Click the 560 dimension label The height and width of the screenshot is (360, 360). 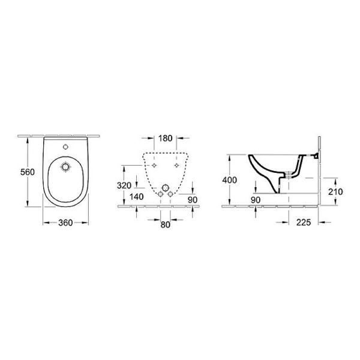point(28,172)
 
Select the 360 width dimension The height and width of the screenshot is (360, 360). point(65,223)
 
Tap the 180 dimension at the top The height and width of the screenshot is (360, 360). point(166,138)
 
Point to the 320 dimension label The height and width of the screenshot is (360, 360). point(124,185)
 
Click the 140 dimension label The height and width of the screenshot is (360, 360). point(137,197)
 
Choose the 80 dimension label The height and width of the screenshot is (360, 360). point(166,225)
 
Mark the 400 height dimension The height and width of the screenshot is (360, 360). point(229,180)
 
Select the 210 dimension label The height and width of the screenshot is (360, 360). point(335,192)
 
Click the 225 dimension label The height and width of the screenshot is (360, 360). point(304,222)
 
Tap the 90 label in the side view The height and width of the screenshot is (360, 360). point(256,200)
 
